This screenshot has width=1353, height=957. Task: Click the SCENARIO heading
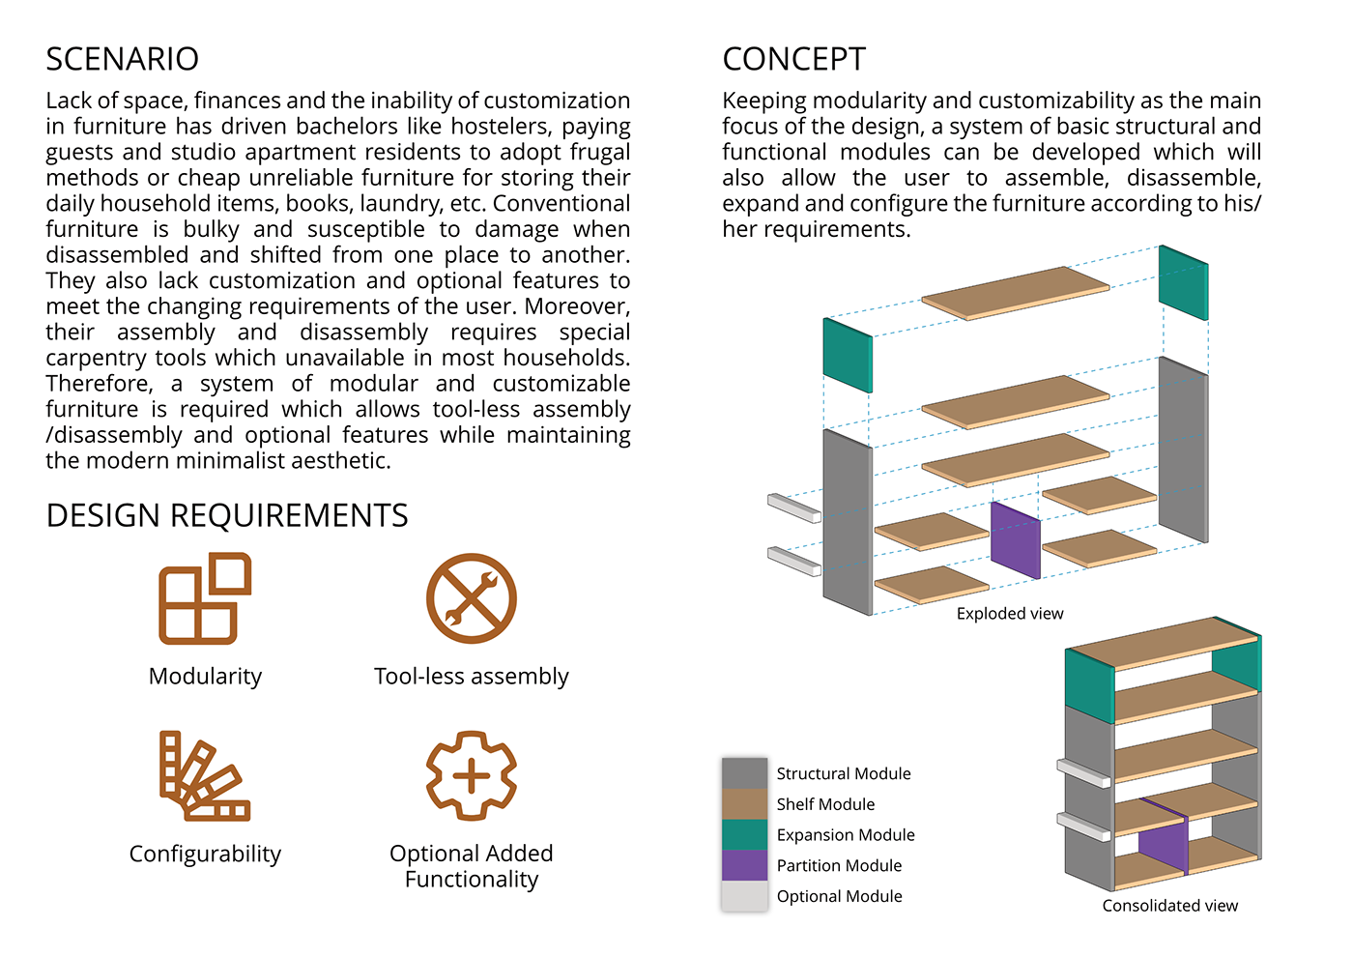tap(122, 59)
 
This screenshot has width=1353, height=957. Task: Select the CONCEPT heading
tap(793, 59)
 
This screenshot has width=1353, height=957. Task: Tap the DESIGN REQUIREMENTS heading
tap(227, 515)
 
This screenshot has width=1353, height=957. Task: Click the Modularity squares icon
tap(205, 598)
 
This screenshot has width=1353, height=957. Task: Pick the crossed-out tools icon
tap(472, 598)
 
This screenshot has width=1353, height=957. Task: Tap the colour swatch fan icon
tap(204, 775)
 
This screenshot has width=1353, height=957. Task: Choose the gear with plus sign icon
tap(472, 775)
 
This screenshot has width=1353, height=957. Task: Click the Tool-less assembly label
tap(472, 676)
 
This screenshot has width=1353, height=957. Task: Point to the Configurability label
tap(205, 854)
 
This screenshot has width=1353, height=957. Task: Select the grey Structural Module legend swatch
tap(744, 773)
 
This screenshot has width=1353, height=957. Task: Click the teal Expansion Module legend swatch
tap(744, 834)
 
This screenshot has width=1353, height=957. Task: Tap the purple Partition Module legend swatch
tap(744, 865)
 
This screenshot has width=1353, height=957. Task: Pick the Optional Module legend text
tap(839, 896)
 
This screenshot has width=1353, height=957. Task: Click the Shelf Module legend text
tap(825, 804)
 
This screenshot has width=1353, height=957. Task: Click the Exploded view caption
tap(1010, 614)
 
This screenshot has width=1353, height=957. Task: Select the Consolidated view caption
tap(1169, 906)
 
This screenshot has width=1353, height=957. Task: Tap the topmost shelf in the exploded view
tap(1015, 292)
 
